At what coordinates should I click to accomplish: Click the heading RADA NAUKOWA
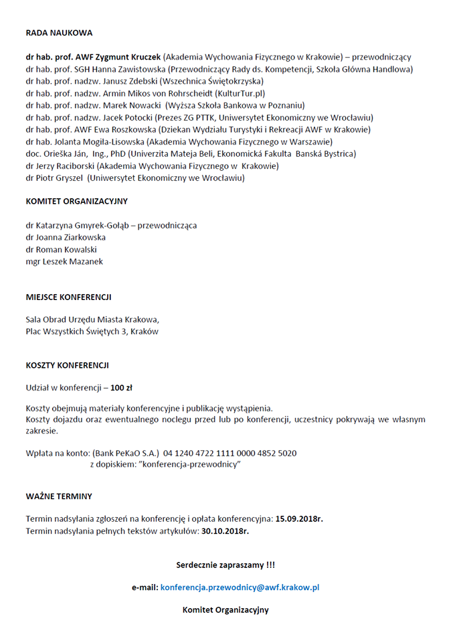point(59,32)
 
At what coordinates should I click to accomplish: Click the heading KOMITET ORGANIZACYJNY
point(76,201)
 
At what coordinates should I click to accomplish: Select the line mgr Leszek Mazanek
point(64,261)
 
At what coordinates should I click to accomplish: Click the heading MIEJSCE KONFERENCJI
point(68,297)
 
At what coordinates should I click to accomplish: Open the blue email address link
point(240,587)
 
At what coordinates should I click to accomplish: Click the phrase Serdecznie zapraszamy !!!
point(225,565)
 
